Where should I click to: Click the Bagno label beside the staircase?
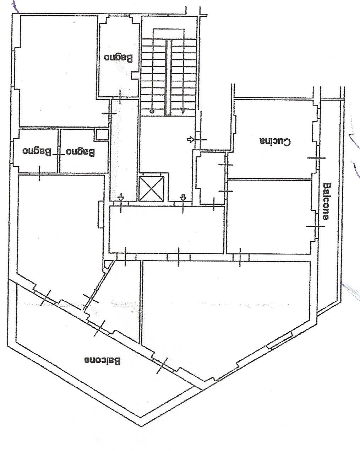pyautogui.click(x=119, y=58)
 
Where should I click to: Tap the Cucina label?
pyautogui.click(x=275, y=141)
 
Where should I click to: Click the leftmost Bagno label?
pyautogui.click(x=37, y=152)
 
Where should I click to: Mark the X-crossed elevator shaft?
pyautogui.click(x=152, y=189)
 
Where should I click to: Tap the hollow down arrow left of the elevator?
pyautogui.click(x=121, y=197)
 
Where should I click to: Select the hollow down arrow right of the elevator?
pyautogui.click(x=183, y=197)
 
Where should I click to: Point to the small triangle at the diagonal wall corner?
pyautogui.click(x=108, y=264)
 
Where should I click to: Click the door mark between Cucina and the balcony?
pyautogui.click(x=316, y=158)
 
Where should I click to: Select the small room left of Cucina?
pyautogui.click(x=211, y=178)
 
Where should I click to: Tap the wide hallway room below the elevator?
pyautogui.click(x=167, y=230)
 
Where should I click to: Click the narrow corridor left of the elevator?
pyautogui.click(x=124, y=150)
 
